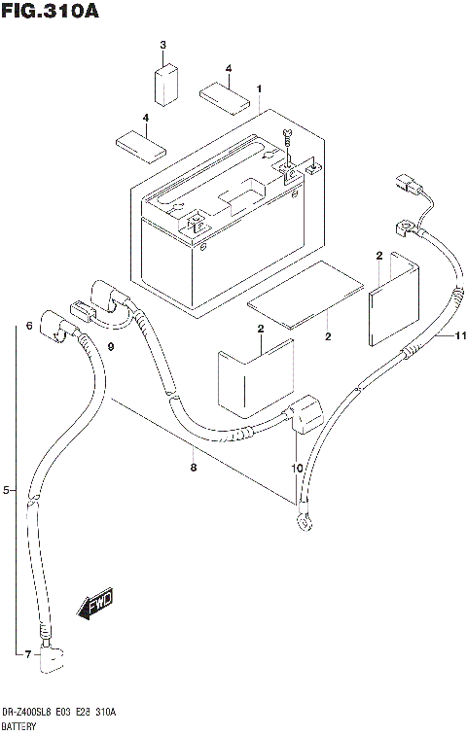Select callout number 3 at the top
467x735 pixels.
tap(163, 47)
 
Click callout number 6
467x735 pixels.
tap(30, 326)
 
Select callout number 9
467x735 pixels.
tap(111, 347)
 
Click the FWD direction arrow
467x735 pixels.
tap(96, 607)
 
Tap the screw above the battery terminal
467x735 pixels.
tap(287, 137)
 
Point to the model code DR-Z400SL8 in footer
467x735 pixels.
tap(30, 713)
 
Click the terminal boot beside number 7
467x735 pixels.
tap(51, 662)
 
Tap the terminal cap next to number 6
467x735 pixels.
tap(53, 330)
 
